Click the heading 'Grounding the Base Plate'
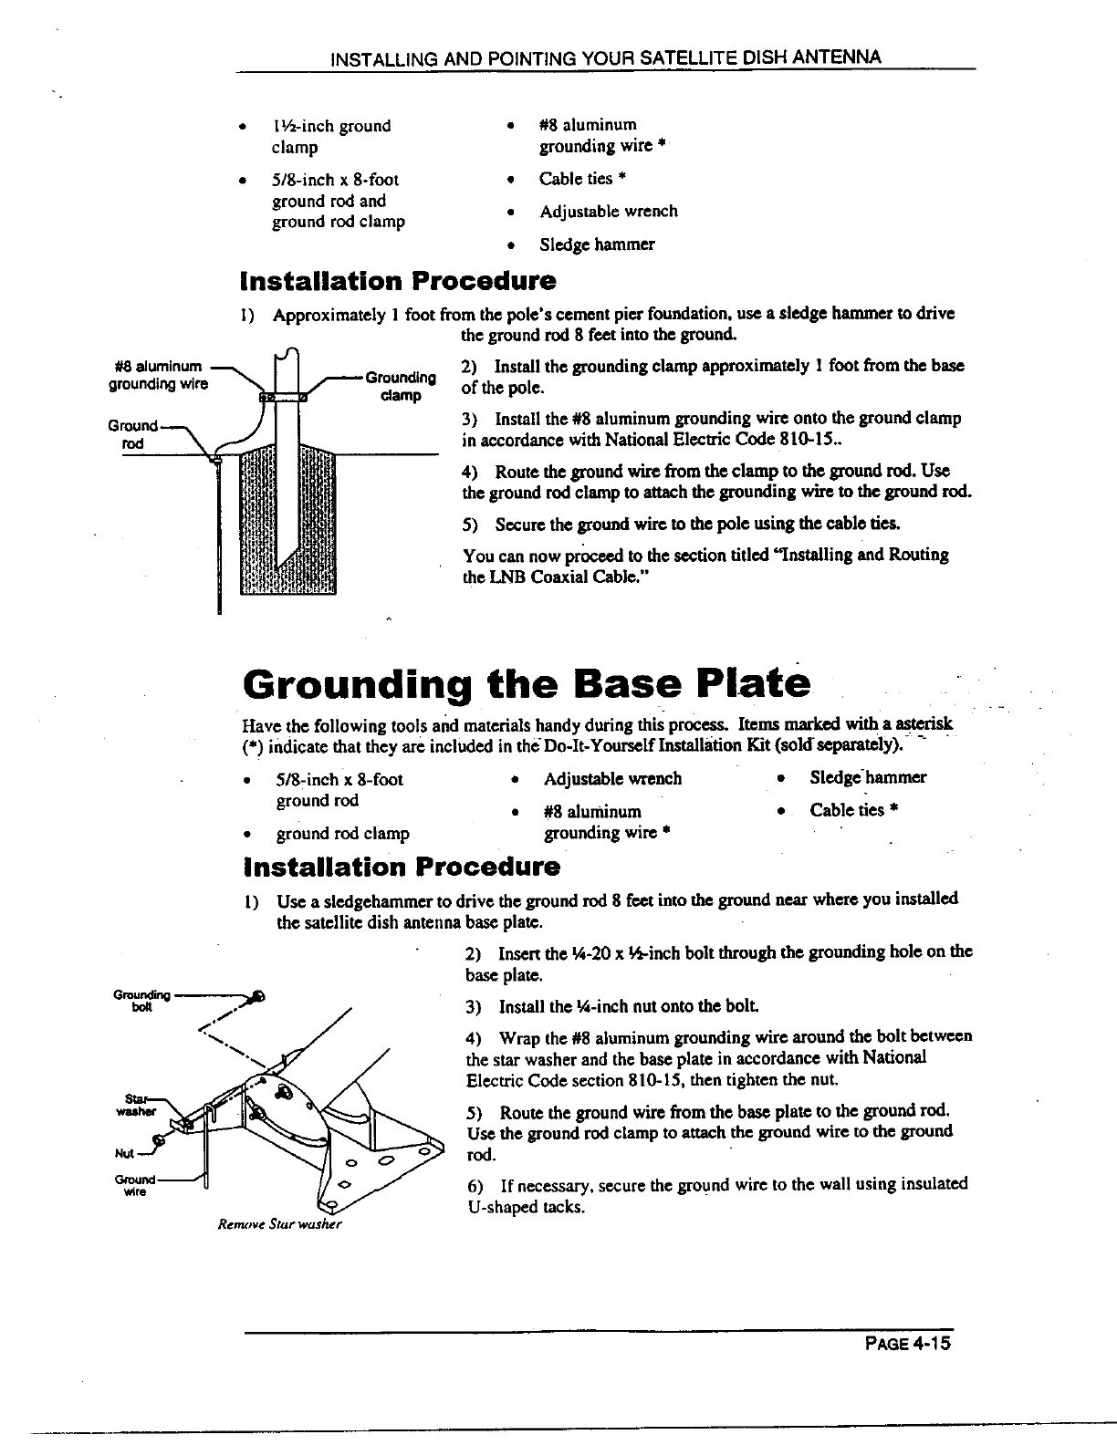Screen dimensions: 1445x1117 [527, 682]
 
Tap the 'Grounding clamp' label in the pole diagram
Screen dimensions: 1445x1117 [398, 386]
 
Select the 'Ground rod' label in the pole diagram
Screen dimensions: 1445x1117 [133, 433]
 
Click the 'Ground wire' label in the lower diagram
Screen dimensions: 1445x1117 [137, 1184]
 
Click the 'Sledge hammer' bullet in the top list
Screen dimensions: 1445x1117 [597, 244]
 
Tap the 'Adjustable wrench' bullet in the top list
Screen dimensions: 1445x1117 [608, 212]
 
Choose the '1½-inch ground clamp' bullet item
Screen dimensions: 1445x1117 [330, 136]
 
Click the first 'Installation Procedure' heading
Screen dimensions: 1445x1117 [397, 280]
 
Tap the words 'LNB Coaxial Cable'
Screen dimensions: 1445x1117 [570, 577]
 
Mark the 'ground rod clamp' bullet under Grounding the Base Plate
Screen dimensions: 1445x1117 [342, 833]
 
